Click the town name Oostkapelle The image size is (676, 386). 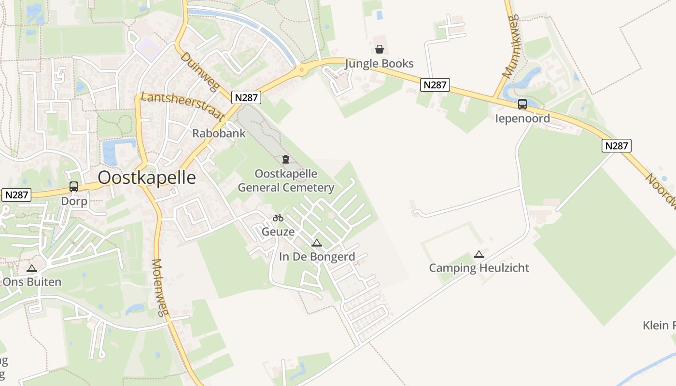[x=147, y=178]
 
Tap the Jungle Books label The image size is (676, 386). [x=380, y=64]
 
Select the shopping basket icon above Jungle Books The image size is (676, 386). [x=380, y=49]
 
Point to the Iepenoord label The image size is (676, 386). [x=522, y=118]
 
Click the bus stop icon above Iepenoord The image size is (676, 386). [x=522, y=104]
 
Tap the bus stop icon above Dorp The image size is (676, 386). [x=74, y=186]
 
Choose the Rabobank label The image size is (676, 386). [x=219, y=133]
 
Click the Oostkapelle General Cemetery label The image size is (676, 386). [x=286, y=180]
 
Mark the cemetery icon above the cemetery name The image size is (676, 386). [x=286, y=159]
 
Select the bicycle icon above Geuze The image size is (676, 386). [x=278, y=218]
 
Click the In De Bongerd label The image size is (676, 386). [x=317, y=257]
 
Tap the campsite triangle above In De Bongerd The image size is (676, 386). [x=317, y=243]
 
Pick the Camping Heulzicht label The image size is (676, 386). [x=479, y=268]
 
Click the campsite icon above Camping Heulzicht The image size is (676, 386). [x=479, y=254]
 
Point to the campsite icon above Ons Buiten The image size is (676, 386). [x=32, y=268]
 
